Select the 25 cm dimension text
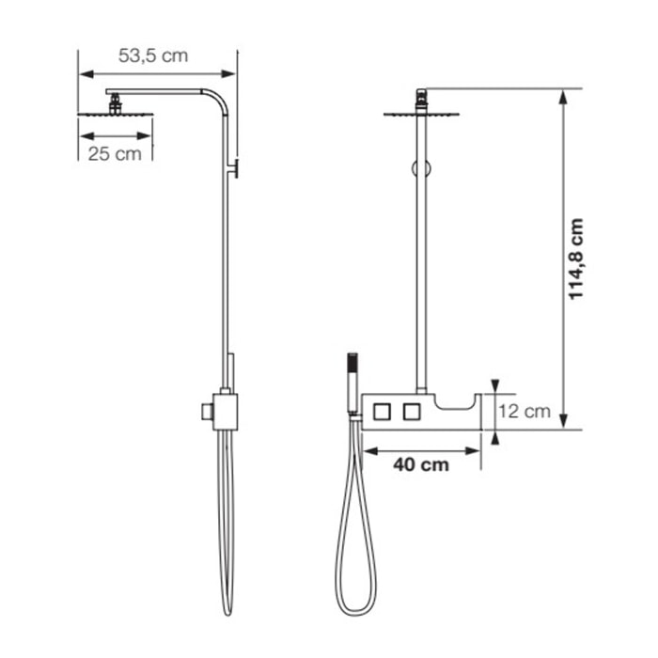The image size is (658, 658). click(x=115, y=153)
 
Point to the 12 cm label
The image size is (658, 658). click(x=524, y=411)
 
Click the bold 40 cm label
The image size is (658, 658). click(x=420, y=463)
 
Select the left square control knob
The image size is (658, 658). click(x=382, y=411)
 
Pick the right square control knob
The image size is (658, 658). click(x=411, y=411)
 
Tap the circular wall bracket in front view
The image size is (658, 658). click(x=421, y=168)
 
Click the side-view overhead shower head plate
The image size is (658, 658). click(x=114, y=115)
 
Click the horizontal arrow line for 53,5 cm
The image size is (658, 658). click(x=157, y=72)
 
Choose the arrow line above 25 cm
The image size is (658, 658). click(x=115, y=134)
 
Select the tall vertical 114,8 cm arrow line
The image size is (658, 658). click(x=562, y=258)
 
